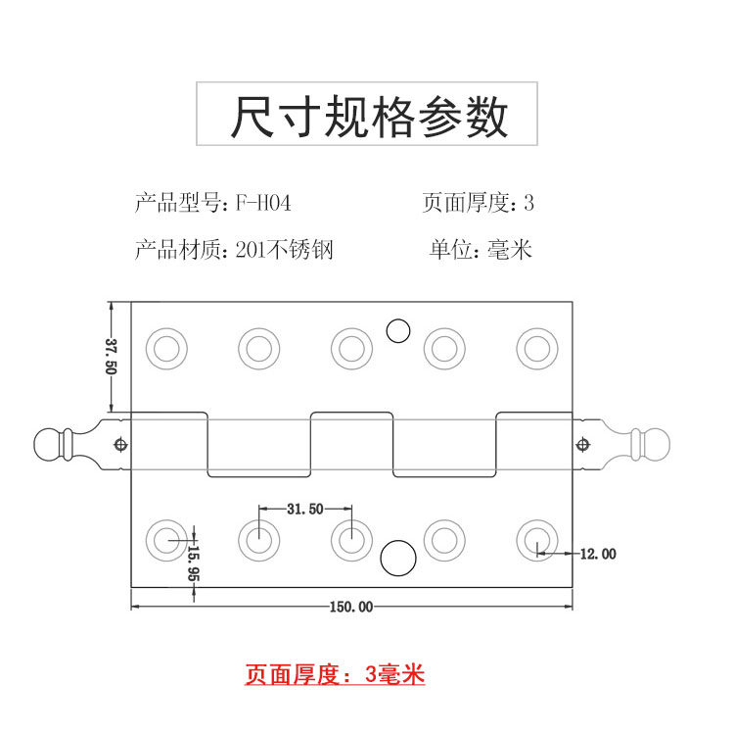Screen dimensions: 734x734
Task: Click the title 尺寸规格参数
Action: [x=369, y=118]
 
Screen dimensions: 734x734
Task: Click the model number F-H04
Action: [x=263, y=204]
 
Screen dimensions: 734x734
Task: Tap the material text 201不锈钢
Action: [x=285, y=250]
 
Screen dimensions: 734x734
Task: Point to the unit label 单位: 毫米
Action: [x=481, y=250]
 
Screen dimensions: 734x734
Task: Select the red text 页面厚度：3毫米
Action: [x=335, y=674]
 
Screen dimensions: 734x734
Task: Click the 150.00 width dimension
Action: [x=350, y=608]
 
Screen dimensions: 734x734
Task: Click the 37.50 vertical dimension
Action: [x=111, y=356]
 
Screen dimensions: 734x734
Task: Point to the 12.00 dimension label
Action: [x=598, y=554]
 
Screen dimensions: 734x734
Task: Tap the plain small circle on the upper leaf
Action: [x=397, y=331]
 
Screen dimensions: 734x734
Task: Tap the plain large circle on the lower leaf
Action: [x=396, y=559]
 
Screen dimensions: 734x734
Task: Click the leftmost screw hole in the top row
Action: [x=165, y=348]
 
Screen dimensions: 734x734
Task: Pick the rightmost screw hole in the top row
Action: [x=536, y=348]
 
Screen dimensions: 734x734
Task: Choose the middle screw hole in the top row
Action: [x=351, y=348]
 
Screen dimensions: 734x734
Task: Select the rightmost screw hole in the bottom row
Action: [x=536, y=538]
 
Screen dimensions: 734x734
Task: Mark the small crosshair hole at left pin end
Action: [x=119, y=444]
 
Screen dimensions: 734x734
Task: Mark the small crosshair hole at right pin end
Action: [x=584, y=444]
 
